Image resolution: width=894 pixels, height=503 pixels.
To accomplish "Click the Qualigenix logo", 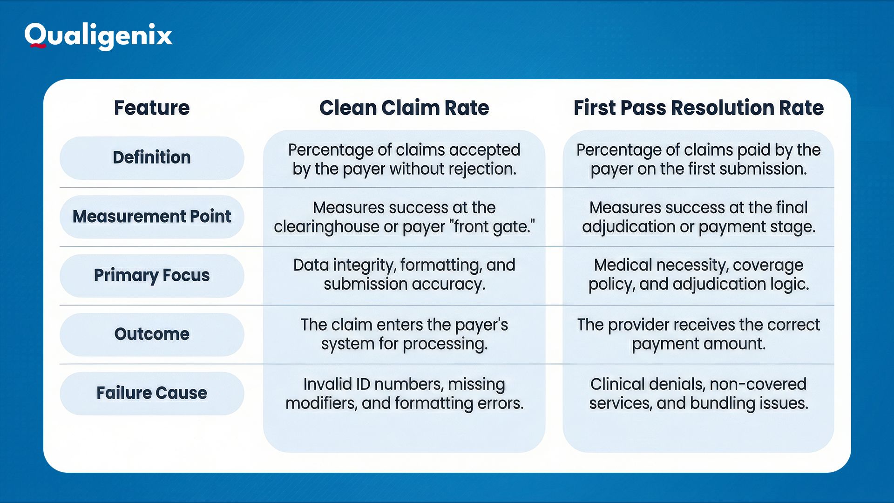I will pyautogui.click(x=98, y=36).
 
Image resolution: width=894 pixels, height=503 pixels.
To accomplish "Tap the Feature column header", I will pyautogui.click(x=152, y=108).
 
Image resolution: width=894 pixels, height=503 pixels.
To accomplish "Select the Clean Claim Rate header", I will pyautogui.click(x=404, y=108).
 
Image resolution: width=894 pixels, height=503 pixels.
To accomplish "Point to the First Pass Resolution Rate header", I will pyautogui.click(x=698, y=108).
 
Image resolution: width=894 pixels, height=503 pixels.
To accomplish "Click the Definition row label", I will pyautogui.click(x=152, y=157).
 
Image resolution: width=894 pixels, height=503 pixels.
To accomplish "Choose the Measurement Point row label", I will pyautogui.click(x=152, y=217).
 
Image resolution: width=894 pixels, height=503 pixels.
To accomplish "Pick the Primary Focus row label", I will pyautogui.click(x=152, y=275).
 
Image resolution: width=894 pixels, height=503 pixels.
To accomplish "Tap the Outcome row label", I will pyautogui.click(x=152, y=334).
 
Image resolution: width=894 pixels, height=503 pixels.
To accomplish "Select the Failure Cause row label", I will pyautogui.click(x=152, y=393).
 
